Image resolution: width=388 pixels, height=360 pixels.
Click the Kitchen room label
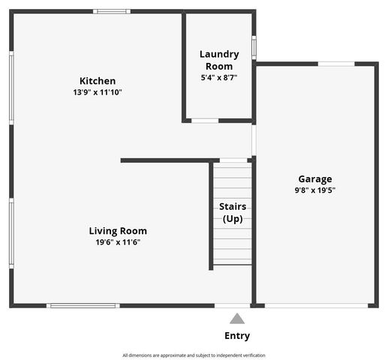[x=98, y=81]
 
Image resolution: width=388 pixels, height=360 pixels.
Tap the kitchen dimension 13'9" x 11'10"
[x=98, y=92]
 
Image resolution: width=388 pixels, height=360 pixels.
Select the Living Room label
[x=118, y=231]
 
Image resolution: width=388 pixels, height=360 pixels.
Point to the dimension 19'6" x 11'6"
[x=118, y=242]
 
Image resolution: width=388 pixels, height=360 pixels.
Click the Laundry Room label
[x=219, y=60]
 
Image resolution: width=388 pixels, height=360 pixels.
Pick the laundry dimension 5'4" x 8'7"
[x=219, y=77]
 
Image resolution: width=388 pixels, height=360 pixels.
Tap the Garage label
[x=315, y=179]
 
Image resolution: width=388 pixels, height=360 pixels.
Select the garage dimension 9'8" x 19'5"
[x=315, y=190]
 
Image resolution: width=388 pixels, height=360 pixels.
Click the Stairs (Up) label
[x=233, y=212]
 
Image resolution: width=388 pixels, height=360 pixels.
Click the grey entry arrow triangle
[x=237, y=319]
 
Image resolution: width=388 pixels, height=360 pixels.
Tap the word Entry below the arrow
[x=237, y=336]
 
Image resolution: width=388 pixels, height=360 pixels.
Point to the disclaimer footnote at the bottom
[x=194, y=355]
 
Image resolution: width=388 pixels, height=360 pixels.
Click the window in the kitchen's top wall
[x=112, y=11]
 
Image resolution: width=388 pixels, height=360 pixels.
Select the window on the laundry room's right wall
[x=254, y=47]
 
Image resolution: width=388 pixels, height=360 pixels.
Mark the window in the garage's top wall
[x=336, y=64]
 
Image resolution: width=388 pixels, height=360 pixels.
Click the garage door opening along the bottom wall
[x=317, y=305]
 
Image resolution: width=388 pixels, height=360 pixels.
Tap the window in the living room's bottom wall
[x=83, y=305]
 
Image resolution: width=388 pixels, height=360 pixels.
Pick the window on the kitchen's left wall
[x=11, y=87]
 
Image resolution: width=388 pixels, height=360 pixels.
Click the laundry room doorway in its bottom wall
[x=204, y=120]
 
